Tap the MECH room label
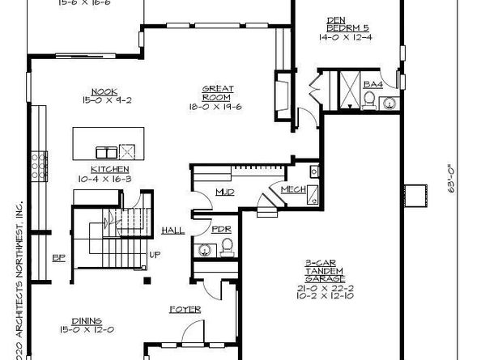[291, 190]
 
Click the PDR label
[222, 229]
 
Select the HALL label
[172, 231]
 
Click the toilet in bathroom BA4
[369, 100]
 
